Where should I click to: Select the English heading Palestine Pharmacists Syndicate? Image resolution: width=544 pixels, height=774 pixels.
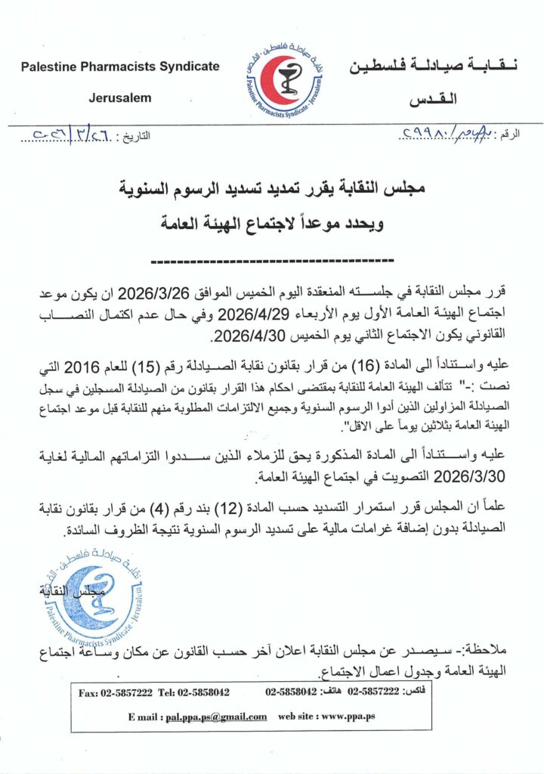pyautogui.click(x=120, y=67)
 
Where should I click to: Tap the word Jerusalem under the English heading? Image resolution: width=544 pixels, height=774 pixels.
pyautogui.click(x=120, y=98)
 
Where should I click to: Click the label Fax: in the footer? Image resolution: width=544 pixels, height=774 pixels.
pyautogui.click(x=91, y=692)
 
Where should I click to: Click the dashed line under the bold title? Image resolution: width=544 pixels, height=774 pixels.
pyautogui.click(x=272, y=261)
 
